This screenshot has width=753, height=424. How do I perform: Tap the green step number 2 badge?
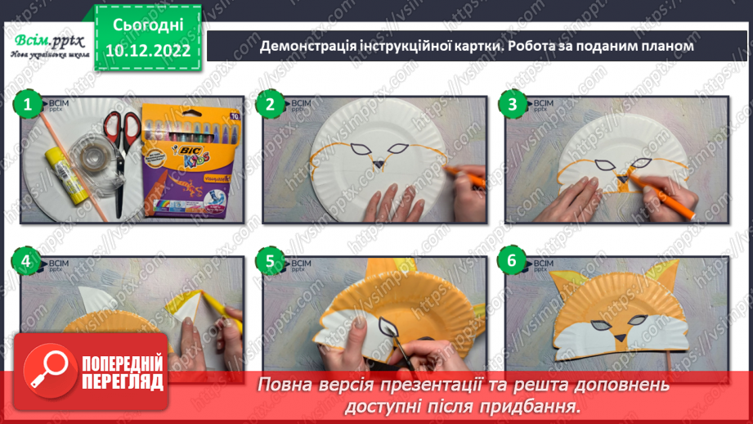[269, 104]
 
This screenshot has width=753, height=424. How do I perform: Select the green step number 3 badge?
[513, 104]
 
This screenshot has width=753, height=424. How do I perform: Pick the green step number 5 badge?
[269, 262]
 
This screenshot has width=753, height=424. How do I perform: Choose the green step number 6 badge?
[513, 262]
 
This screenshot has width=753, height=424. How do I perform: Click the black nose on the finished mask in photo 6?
[622, 338]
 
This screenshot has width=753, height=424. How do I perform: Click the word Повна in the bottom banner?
[287, 384]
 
